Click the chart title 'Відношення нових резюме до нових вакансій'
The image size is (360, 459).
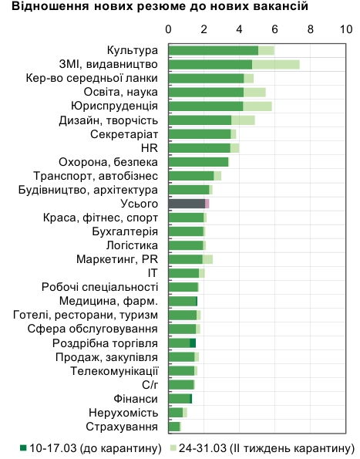(154, 8)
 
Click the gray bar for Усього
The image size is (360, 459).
(187, 204)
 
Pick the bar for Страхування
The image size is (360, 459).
(174, 427)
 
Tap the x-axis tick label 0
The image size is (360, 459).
(169, 29)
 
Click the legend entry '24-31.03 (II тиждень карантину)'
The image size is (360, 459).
(262, 448)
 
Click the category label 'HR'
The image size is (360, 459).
(150, 148)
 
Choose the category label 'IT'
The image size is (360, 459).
(153, 273)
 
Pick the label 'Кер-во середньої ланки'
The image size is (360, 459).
(92, 79)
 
